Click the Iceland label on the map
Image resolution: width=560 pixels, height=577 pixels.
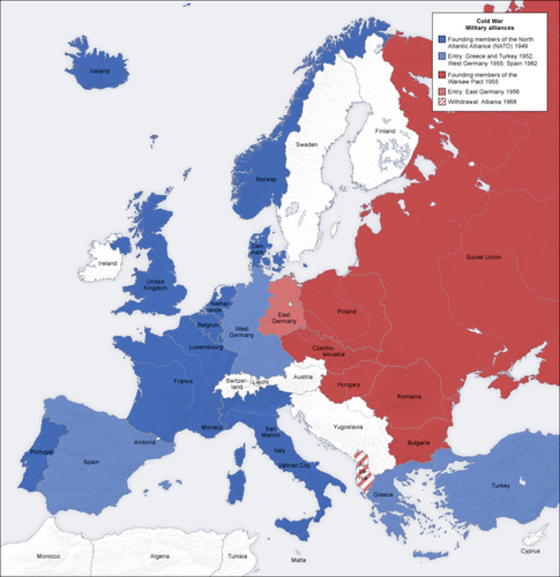click(x=99, y=71)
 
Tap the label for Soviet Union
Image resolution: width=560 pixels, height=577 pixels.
click(x=484, y=257)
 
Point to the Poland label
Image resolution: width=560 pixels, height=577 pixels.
click(x=346, y=311)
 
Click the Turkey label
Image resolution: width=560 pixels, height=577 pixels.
click(x=500, y=486)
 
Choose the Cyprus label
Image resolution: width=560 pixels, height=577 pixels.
click(x=530, y=551)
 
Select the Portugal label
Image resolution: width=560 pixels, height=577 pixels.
click(x=41, y=452)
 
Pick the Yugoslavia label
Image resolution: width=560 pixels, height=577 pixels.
click(x=349, y=426)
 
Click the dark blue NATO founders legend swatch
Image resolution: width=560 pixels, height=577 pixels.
click(x=442, y=39)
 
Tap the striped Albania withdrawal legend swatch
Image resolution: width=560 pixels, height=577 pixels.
click(x=442, y=102)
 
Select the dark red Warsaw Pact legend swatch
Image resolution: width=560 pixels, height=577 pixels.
click(x=442, y=75)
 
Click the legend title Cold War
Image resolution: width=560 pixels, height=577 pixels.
click(x=489, y=21)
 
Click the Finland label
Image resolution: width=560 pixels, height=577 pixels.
click(x=385, y=131)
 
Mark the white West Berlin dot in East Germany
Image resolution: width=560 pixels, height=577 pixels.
click(x=291, y=304)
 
